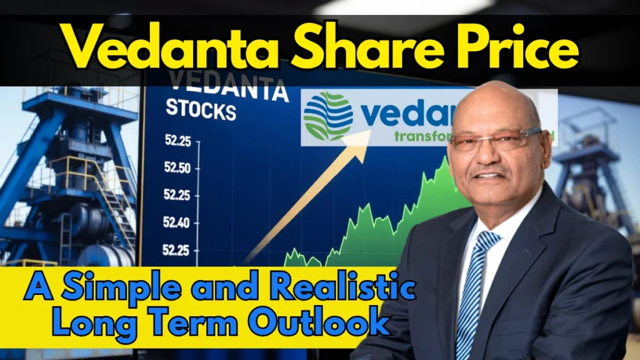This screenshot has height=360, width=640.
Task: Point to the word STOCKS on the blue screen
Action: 201,111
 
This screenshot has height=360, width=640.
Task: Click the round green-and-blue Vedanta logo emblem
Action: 328,117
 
